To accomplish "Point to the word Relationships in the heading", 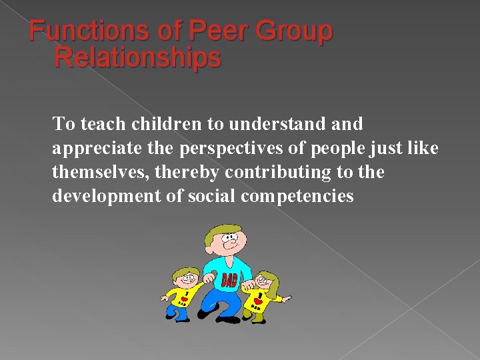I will [x=137, y=58].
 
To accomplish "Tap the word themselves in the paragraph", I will [x=101, y=173].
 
